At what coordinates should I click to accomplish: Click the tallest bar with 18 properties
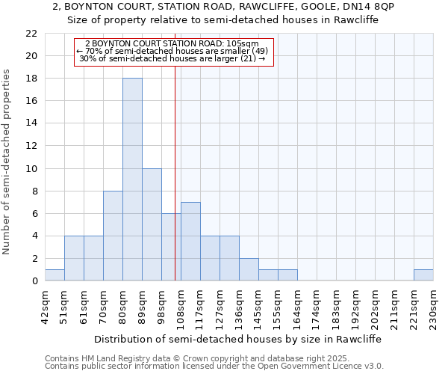coord(132,180)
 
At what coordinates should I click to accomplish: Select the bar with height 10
coord(152,224)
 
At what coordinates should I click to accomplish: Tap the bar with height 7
coord(190,242)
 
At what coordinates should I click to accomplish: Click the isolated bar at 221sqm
coord(423,275)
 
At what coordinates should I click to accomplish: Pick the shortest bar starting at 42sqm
coord(55,275)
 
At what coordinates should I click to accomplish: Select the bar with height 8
coord(113,236)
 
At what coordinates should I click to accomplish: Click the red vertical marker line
coord(175,187)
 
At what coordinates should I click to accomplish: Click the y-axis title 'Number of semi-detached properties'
coord(7,161)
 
